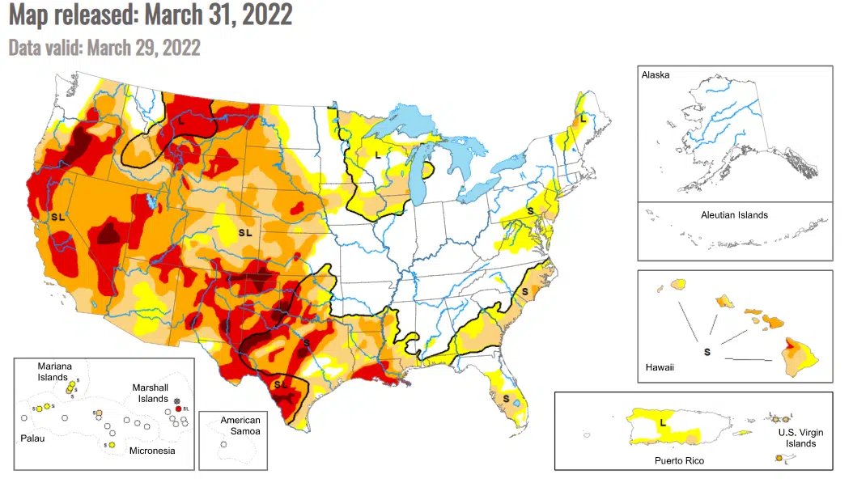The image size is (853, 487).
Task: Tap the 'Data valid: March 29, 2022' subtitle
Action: click(x=104, y=46)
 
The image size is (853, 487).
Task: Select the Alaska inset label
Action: click(x=656, y=75)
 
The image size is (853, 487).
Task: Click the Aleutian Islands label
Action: click(x=734, y=215)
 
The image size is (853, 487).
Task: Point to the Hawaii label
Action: click(x=660, y=367)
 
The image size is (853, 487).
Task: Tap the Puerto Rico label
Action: click(x=680, y=460)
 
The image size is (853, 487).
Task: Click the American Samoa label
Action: click(x=240, y=426)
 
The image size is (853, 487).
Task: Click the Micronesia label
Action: click(x=151, y=450)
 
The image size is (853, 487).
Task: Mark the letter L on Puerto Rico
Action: click(x=663, y=422)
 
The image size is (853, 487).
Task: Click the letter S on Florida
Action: click(x=506, y=399)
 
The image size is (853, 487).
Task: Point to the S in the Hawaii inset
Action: click(x=707, y=352)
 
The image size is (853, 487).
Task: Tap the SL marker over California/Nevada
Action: click(x=57, y=217)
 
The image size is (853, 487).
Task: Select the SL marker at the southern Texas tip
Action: click(x=281, y=383)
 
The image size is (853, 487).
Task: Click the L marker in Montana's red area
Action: click(x=182, y=120)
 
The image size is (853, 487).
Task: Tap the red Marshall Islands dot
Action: click(x=178, y=409)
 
